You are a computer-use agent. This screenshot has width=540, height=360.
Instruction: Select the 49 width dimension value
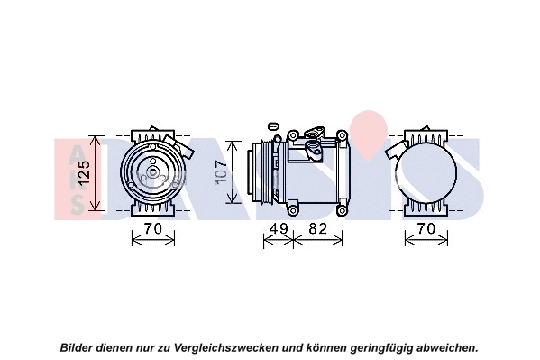point(279,229)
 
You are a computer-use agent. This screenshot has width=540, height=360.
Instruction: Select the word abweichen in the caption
point(444,346)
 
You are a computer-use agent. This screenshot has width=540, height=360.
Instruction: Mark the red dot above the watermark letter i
point(365,122)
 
